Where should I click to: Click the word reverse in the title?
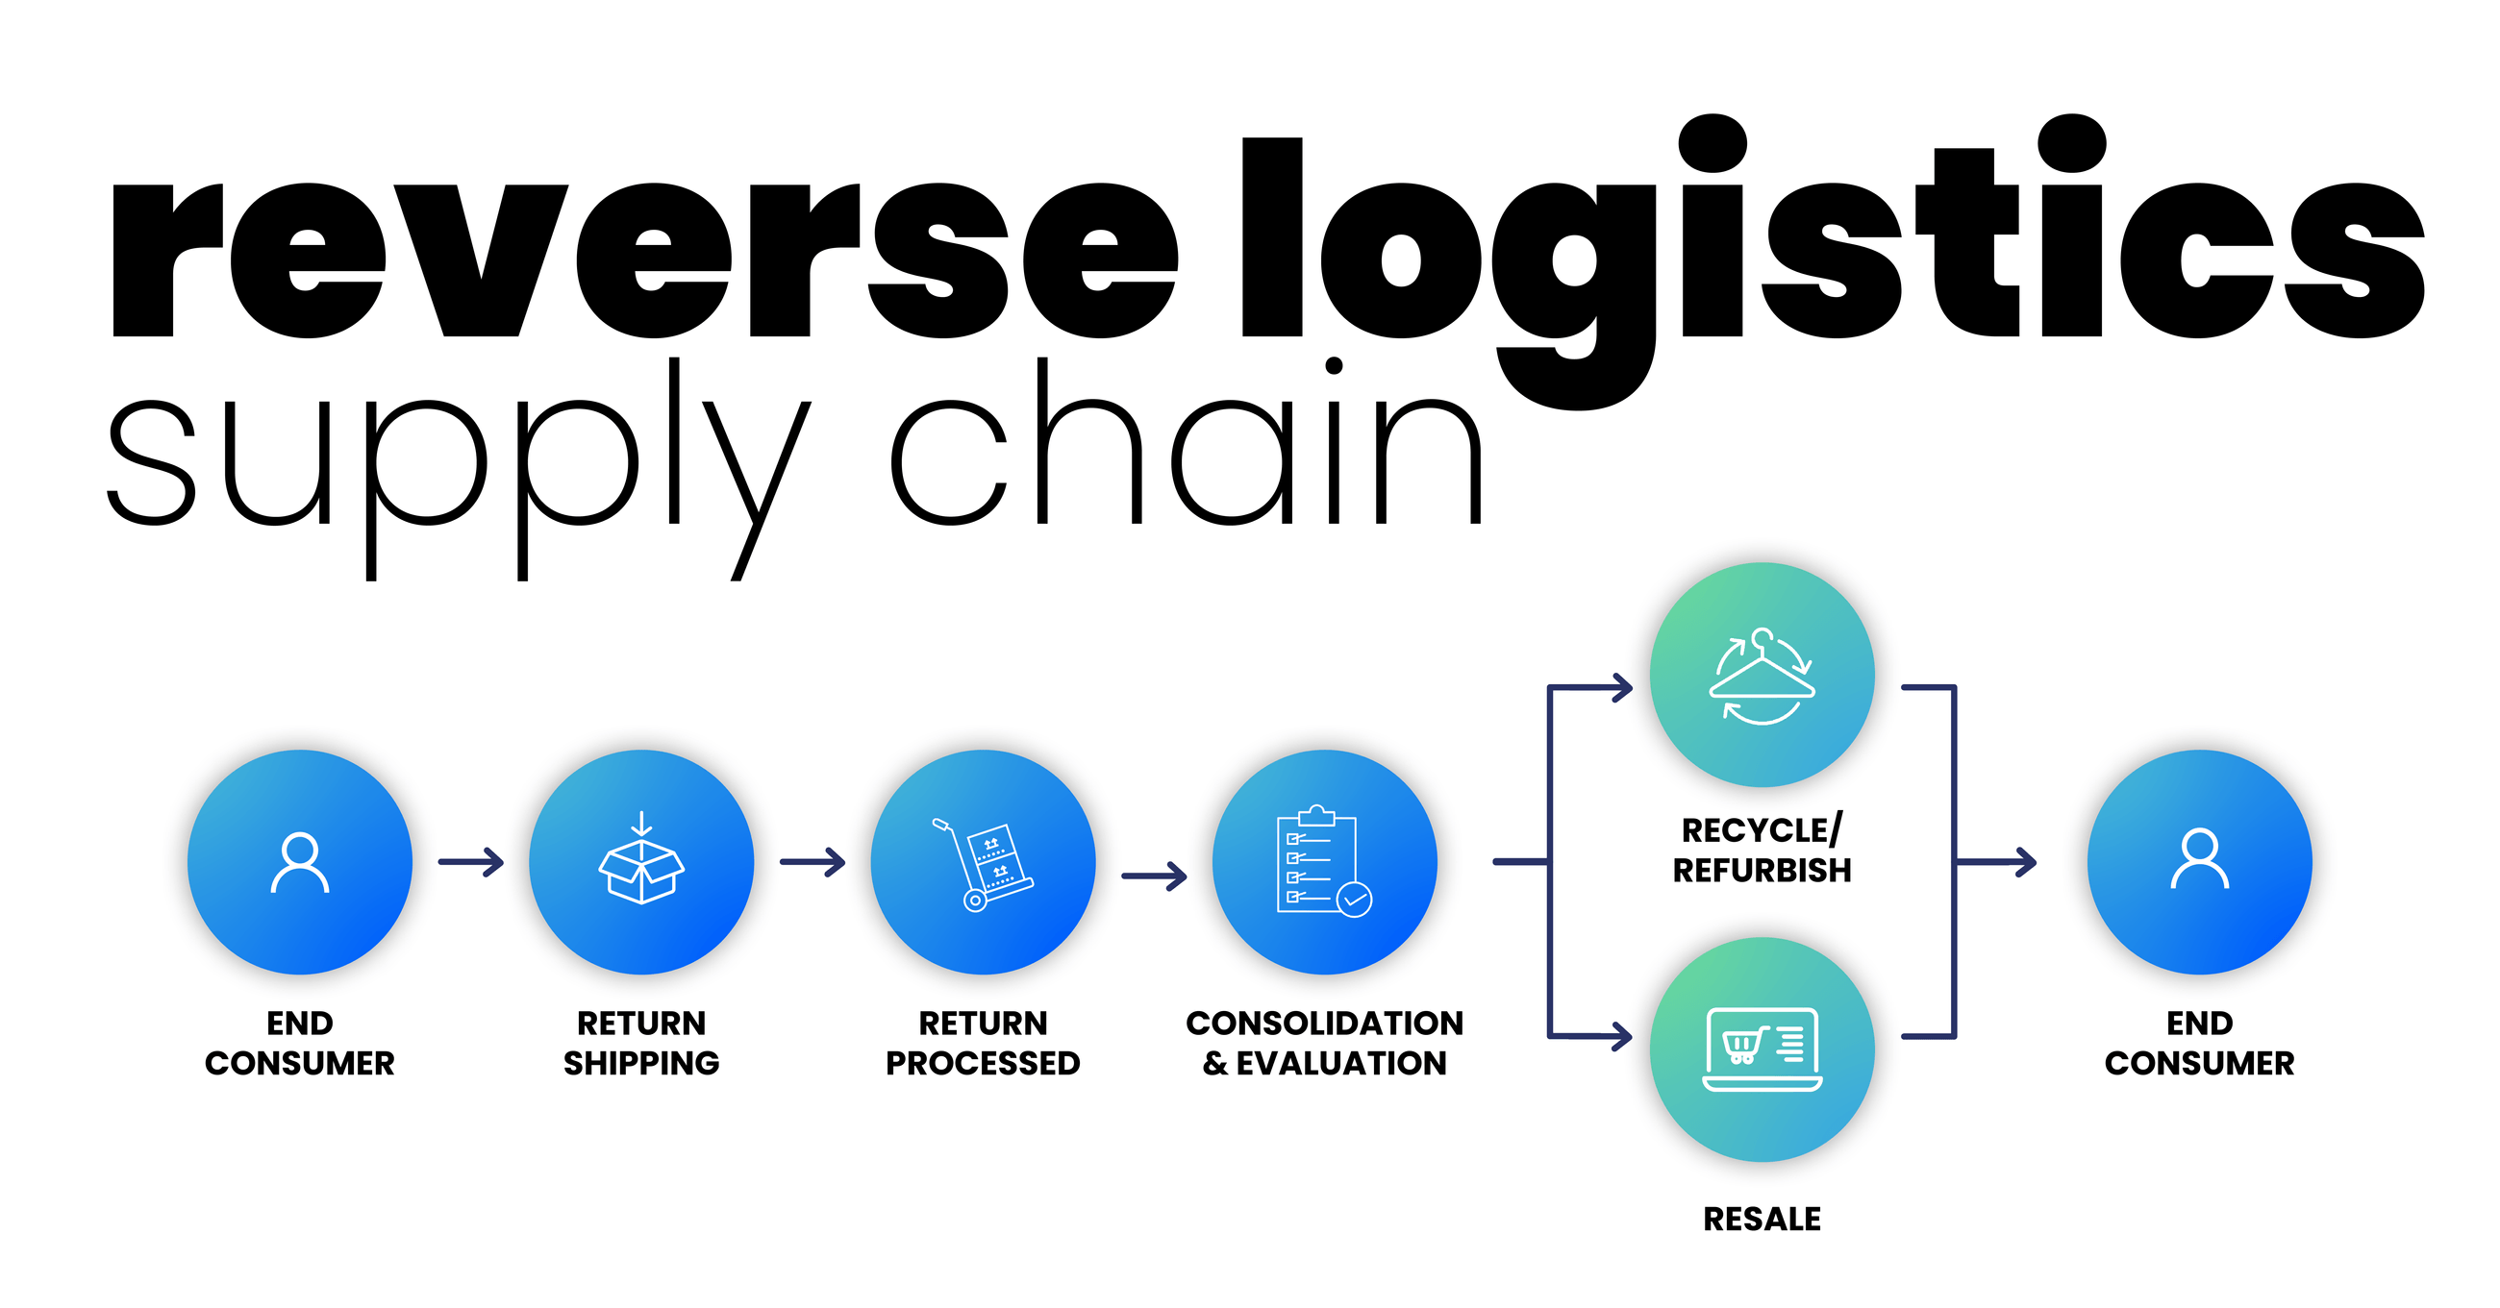click(x=640, y=260)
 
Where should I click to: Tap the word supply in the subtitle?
click(x=456, y=466)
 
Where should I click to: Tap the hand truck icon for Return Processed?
click(x=982, y=864)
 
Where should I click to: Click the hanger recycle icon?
click(x=1762, y=677)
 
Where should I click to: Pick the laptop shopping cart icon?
click(x=1762, y=1049)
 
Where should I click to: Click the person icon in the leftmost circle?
click(x=299, y=862)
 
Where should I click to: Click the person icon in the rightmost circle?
click(x=2199, y=860)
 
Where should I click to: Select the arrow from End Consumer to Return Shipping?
click(x=472, y=861)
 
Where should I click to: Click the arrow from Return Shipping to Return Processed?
click(x=813, y=861)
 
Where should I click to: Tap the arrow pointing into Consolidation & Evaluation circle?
click(x=1155, y=876)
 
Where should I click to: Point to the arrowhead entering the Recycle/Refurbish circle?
click(x=1621, y=688)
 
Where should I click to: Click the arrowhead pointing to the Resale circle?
click(x=1621, y=1035)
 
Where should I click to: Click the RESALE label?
click(x=1762, y=1219)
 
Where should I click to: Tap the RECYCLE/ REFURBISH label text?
click(x=1762, y=850)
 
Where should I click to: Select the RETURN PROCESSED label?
click(x=982, y=1043)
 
